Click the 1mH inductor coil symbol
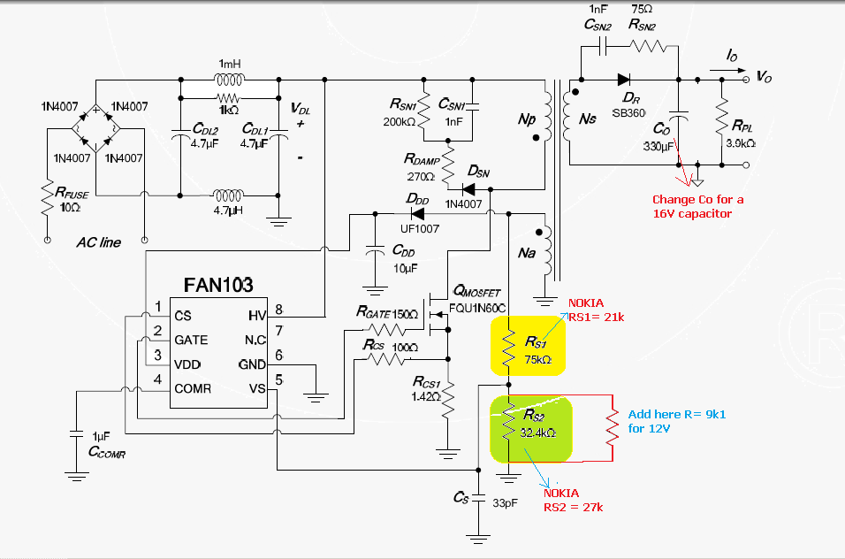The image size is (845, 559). click(229, 81)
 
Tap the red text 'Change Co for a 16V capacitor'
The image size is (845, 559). click(697, 206)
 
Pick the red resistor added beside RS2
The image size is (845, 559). click(610, 427)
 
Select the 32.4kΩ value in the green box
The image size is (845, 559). click(537, 433)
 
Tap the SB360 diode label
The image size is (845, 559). click(629, 113)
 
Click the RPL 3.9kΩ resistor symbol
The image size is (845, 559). click(723, 112)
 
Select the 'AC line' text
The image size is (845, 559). click(98, 241)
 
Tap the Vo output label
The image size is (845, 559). click(765, 77)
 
